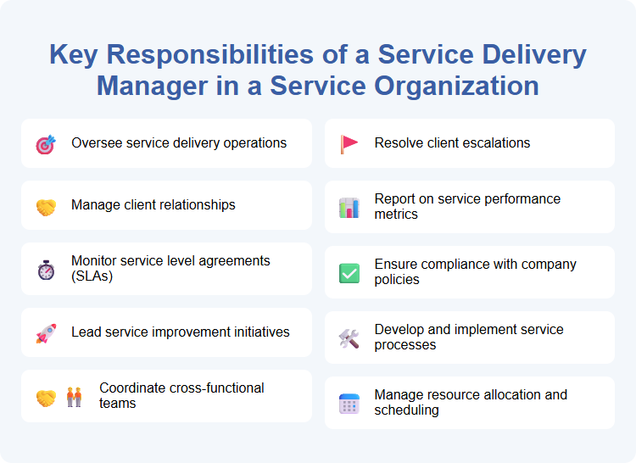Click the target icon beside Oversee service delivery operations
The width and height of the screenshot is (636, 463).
(x=46, y=144)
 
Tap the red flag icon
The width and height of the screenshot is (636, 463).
(x=349, y=143)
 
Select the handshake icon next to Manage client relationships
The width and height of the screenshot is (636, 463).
(x=46, y=207)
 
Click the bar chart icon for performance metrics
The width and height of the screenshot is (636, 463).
(x=349, y=207)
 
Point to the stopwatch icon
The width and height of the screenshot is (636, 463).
(x=46, y=270)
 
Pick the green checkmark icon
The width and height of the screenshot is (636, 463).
(x=349, y=273)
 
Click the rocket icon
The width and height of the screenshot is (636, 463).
(x=46, y=334)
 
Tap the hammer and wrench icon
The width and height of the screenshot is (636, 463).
(x=349, y=338)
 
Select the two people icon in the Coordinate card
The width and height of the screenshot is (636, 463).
(x=75, y=397)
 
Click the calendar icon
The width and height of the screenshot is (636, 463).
(x=349, y=404)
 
